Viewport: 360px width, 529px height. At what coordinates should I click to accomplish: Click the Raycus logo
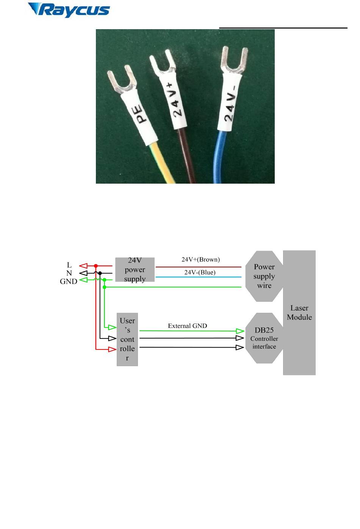69,10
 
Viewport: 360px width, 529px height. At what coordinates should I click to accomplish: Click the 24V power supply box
135,270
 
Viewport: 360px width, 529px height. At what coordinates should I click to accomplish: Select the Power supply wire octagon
264,276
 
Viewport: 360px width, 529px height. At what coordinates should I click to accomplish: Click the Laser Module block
299,312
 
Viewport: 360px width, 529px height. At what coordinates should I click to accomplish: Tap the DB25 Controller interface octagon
264,338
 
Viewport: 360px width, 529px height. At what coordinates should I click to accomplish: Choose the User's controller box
127,339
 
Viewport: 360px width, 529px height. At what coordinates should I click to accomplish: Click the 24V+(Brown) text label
201,259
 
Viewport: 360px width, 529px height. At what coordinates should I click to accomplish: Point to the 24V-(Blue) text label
200,272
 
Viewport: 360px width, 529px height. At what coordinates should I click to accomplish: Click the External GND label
188,326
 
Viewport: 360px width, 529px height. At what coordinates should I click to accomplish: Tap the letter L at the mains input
69,265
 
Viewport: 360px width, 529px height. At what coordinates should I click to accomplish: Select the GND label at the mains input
69,281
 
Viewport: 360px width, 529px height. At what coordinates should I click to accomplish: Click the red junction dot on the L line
96,266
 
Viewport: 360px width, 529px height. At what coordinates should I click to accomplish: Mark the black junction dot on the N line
100,273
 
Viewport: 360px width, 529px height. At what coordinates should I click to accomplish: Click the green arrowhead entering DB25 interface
240,331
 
